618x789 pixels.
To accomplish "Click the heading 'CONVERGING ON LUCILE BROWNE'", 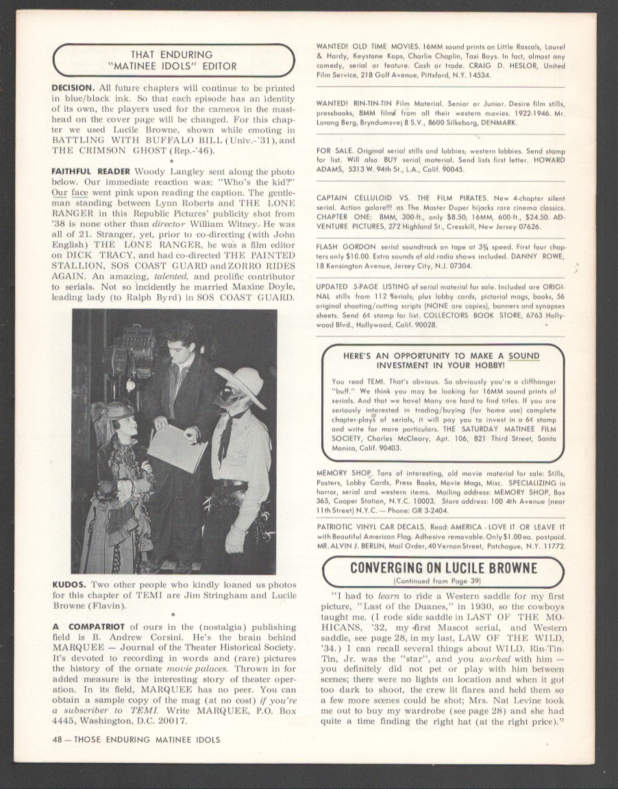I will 443,568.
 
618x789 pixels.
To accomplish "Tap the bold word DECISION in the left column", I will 73,88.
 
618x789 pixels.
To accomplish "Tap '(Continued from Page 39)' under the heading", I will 443,581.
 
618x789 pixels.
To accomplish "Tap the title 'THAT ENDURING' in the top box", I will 171,54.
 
